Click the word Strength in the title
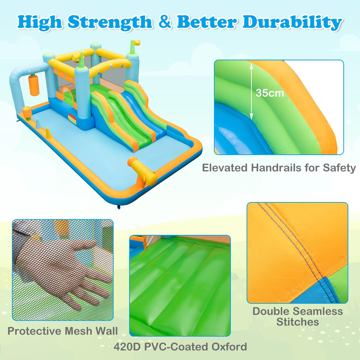[x=110, y=22]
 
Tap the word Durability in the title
[x=292, y=22]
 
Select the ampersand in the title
[x=165, y=22]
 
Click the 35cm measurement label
[x=270, y=93]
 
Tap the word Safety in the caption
[x=339, y=168]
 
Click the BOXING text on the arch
[x=34, y=71]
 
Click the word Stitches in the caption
[x=298, y=322]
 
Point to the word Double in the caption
[x=271, y=311]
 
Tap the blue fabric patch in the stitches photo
[x=332, y=291]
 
